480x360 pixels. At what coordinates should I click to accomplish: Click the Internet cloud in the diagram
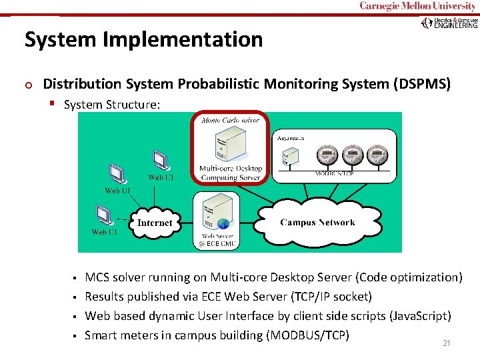click(155, 223)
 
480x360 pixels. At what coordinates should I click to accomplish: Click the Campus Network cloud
click(317, 223)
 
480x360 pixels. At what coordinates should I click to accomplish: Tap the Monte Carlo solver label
click(230, 121)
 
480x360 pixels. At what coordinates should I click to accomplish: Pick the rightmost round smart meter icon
click(378, 154)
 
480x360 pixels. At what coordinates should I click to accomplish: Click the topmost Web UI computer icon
click(160, 159)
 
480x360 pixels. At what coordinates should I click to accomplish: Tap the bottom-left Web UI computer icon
click(104, 215)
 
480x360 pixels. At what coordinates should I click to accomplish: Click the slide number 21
click(447, 343)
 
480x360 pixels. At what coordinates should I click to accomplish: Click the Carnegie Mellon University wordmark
click(419, 7)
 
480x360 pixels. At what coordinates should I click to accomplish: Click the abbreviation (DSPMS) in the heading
click(422, 84)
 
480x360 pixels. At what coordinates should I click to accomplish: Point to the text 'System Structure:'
click(112, 105)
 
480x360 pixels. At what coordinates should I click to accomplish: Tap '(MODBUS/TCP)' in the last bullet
click(307, 335)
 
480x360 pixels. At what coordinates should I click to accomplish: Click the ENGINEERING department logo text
click(456, 25)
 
